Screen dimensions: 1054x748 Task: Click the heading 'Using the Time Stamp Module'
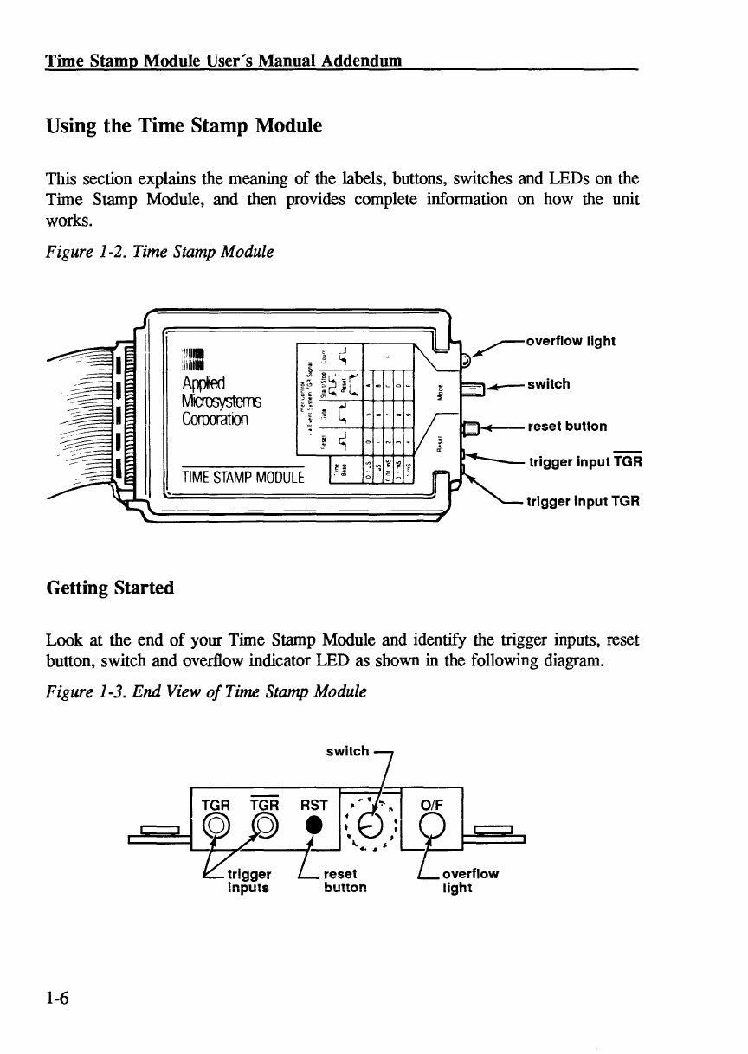pyautogui.click(x=184, y=126)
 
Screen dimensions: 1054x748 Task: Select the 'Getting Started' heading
pyautogui.click(x=110, y=588)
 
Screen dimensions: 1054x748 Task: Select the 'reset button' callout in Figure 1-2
pyautogui.click(x=567, y=426)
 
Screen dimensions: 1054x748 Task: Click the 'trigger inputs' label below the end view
pyautogui.click(x=248, y=880)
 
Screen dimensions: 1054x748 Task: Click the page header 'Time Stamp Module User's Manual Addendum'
pyautogui.click(x=223, y=61)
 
